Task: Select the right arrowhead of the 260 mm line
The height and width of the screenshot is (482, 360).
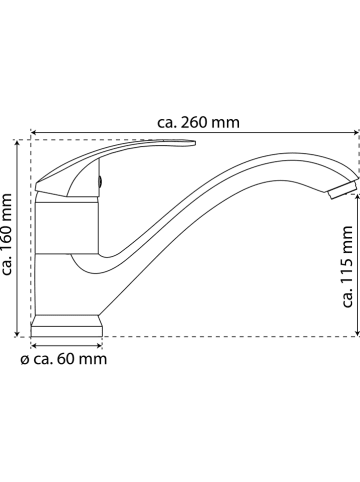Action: click(355, 132)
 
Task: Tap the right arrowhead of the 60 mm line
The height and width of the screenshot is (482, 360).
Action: click(101, 342)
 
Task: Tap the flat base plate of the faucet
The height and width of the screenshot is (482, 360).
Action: click(68, 326)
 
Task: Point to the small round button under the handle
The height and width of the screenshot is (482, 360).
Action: click(99, 183)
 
